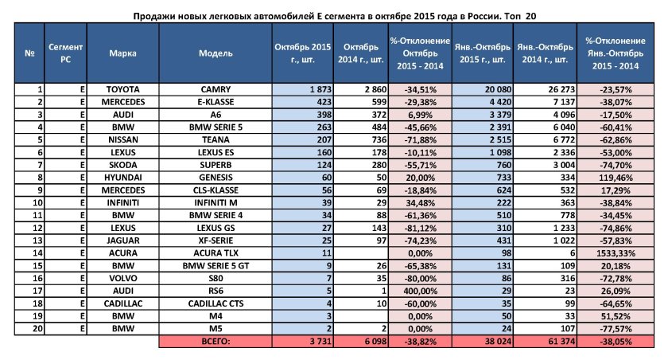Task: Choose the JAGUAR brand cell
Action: pos(123,238)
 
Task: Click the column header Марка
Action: pos(123,53)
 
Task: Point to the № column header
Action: pos(29,53)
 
